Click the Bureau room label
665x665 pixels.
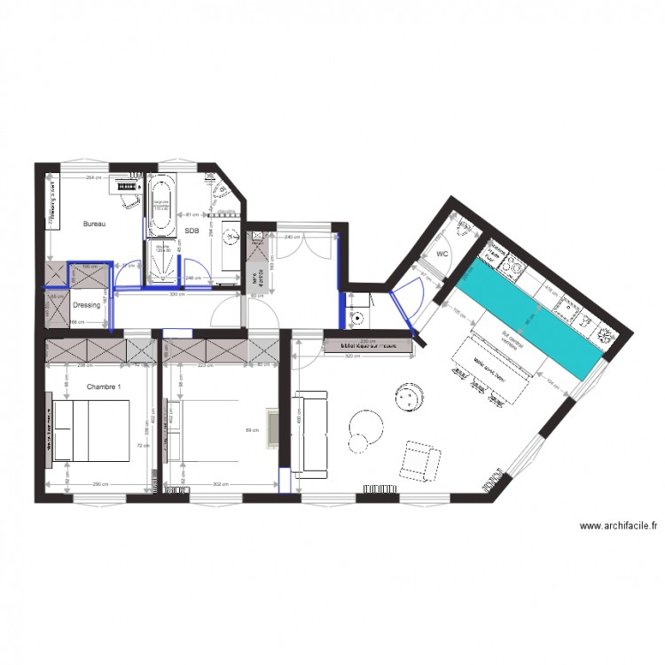tap(94, 224)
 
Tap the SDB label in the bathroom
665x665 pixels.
tap(192, 231)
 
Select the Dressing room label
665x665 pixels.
tap(86, 304)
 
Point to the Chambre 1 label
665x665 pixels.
tap(104, 387)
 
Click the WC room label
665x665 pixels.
tap(442, 254)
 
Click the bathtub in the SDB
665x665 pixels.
tap(161, 205)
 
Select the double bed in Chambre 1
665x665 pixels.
tap(91, 431)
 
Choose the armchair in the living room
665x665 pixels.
tap(421, 460)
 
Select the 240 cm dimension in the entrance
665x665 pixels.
tap(292, 237)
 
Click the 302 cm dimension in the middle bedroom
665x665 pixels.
tap(221, 484)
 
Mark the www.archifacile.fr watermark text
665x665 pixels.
tap(618, 526)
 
